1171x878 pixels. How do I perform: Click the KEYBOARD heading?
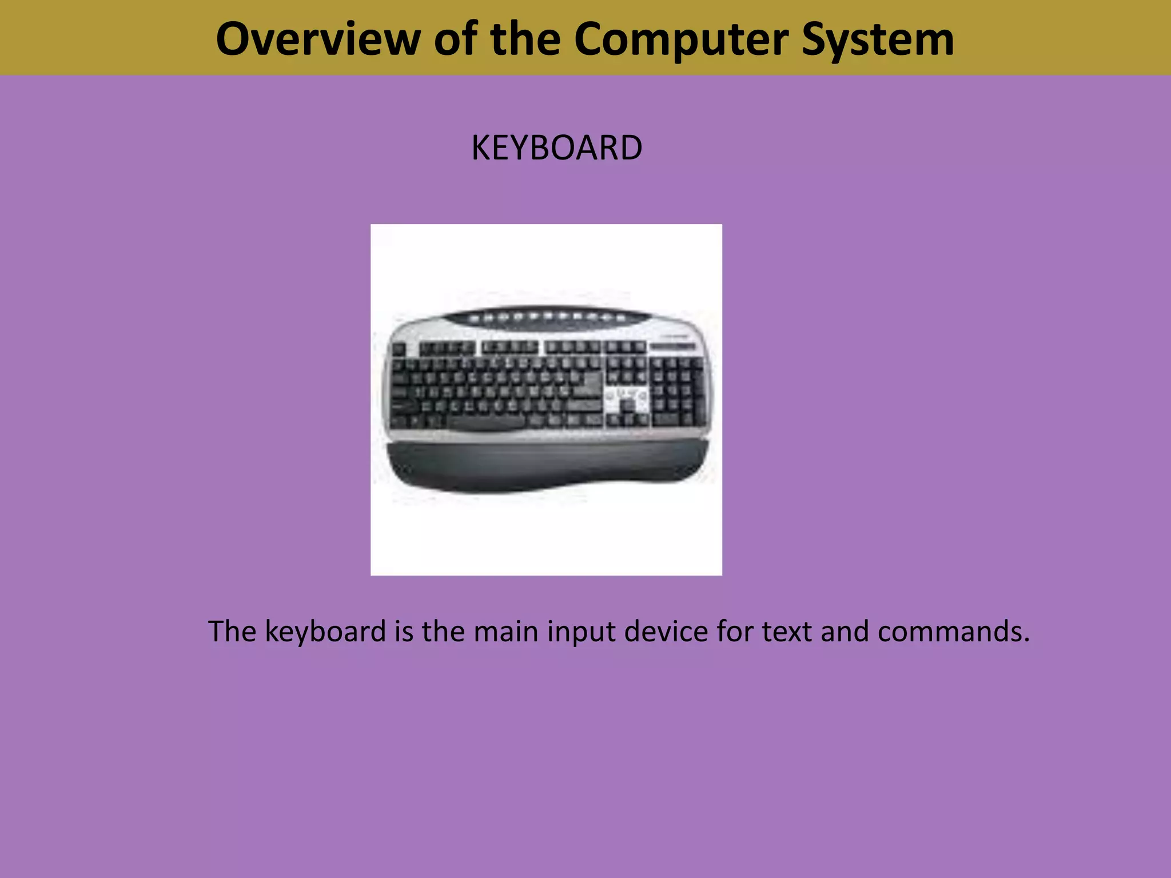[x=556, y=148]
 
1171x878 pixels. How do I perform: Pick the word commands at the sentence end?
[x=953, y=632]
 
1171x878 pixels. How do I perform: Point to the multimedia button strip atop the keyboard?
[x=546, y=316]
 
